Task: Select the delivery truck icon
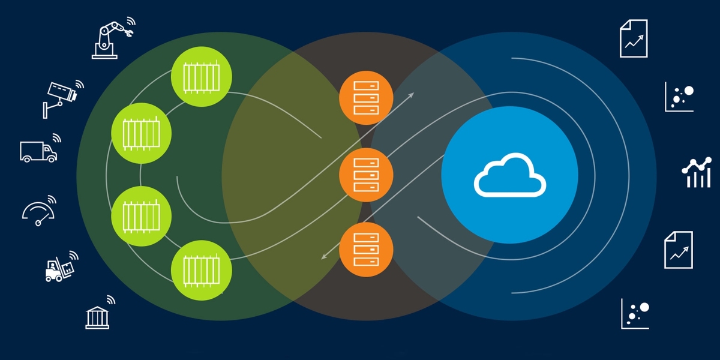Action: pyautogui.click(x=38, y=151)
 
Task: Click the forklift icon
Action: pyautogui.click(x=60, y=268)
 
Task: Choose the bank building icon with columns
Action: pyautogui.click(x=97, y=316)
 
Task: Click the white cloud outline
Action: pyautogui.click(x=510, y=175)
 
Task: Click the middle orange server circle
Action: pyautogui.click(x=366, y=175)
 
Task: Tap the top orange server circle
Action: pyautogui.click(x=366, y=98)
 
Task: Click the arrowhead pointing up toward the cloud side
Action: pyautogui.click(x=411, y=94)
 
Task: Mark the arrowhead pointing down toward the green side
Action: pyautogui.click(x=325, y=256)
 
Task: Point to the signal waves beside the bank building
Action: pyautogui.click(x=110, y=299)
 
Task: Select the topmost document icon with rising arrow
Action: pyautogui.click(x=634, y=38)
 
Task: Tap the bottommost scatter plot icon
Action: pyautogui.click(x=635, y=313)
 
